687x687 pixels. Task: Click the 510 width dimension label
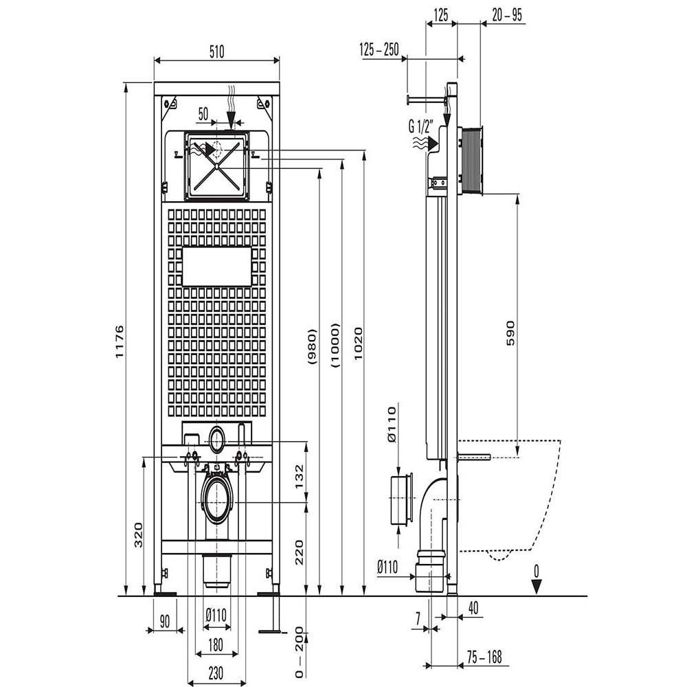pos(216,52)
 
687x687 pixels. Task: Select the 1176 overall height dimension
pos(120,341)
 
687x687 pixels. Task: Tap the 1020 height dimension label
pos(359,343)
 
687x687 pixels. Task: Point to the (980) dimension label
pos(311,347)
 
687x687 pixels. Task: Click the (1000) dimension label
pos(335,346)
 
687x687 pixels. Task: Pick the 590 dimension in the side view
pos(511,333)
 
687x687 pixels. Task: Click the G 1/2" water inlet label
pos(421,126)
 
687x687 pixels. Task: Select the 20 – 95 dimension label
pos(507,15)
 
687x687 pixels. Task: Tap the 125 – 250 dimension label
pos(379,49)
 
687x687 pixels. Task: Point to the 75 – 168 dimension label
pos(484,657)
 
